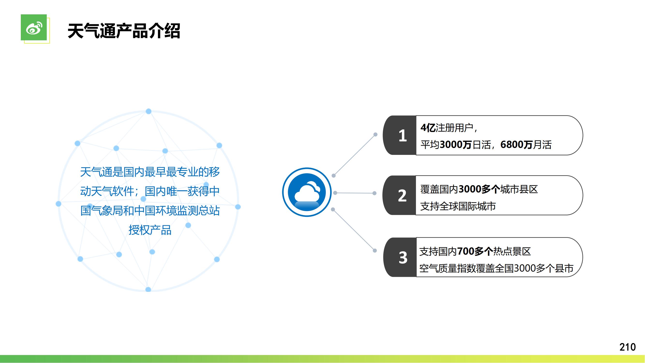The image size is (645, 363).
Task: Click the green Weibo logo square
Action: pos(34,27)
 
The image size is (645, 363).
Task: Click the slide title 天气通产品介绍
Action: pos(124,31)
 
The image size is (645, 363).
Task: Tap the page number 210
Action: pos(628,347)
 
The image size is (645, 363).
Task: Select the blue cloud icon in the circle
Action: pos(307,192)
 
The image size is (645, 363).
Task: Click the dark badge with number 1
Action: pos(400,135)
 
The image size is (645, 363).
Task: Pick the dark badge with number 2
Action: pos(400,195)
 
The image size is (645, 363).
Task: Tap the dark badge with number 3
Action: pos(400,257)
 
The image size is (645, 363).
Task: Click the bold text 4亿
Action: pos(428,128)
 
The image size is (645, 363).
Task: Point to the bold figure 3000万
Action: pos(456,144)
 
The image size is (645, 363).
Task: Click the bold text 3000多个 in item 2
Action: pos(479,189)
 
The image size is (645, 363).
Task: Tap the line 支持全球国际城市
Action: pos(458,206)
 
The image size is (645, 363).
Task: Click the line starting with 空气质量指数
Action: pos(496,268)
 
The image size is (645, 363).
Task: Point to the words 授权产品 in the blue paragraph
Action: pos(150,230)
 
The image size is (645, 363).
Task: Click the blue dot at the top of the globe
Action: pos(148,111)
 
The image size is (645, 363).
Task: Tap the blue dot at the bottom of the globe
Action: pos(148,290)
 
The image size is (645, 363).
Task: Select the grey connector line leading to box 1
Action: pos(355,155)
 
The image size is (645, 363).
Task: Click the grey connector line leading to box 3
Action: pos(354,230)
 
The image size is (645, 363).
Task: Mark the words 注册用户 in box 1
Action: pos(454,128)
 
